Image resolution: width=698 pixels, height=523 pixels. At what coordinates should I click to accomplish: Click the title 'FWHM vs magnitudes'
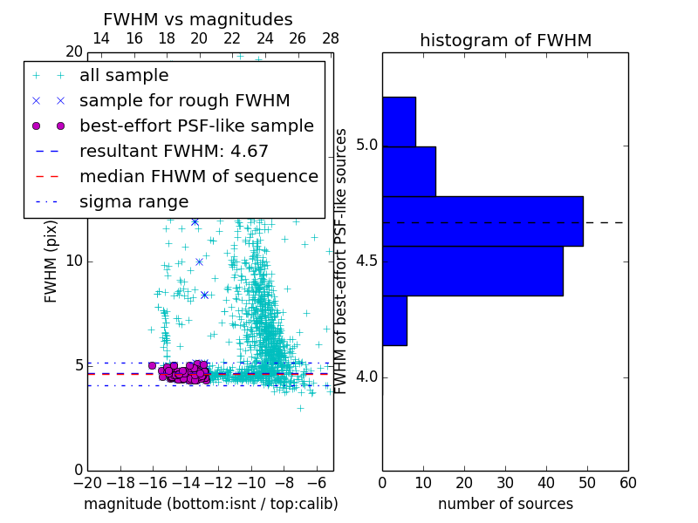click(198, 19)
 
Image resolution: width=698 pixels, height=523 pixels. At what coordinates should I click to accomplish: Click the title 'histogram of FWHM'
click(505, 40)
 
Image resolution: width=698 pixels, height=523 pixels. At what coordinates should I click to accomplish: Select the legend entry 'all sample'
click(124, 76)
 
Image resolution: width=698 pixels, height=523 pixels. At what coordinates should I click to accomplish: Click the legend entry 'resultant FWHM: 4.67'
click(174, 151)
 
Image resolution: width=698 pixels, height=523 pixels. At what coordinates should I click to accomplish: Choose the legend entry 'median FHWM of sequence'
click(198, 176)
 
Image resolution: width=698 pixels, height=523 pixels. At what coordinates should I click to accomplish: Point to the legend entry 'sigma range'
click(133, 201)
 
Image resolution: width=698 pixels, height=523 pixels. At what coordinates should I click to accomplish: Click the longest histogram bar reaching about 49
click(482, 221)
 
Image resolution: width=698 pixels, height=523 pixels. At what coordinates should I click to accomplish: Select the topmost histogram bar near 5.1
click(399, 121)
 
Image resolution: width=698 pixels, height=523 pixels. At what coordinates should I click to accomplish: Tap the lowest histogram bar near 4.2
click(394, 321)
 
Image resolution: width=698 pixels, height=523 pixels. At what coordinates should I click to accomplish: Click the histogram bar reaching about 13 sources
click(408, 171)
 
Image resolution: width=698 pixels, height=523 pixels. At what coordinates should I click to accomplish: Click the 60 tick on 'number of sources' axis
click(627, 482)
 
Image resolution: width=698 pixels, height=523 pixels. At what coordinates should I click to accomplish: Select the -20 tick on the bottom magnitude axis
click(87, 482)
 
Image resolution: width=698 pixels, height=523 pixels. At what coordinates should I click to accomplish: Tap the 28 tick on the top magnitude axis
click(331, 38)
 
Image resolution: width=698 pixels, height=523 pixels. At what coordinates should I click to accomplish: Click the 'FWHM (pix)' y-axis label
click(51, 261)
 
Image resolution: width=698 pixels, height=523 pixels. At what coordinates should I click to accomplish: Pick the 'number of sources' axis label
click(505, 504)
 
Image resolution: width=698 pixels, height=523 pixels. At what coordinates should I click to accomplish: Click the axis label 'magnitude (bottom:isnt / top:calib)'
click(210, 504)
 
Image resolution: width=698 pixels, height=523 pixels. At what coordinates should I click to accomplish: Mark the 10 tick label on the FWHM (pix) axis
click(73, 261)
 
